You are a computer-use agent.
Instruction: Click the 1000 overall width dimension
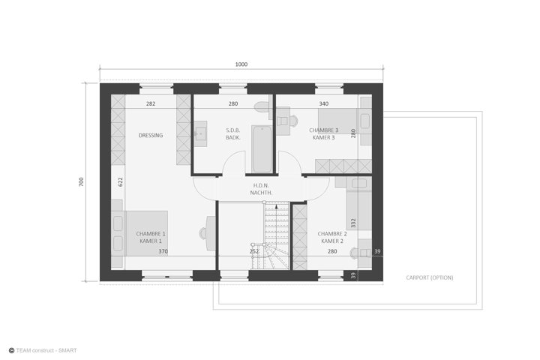[241, 64]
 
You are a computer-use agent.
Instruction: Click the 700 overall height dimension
[81, 181]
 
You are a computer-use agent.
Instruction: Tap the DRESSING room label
[151, 136]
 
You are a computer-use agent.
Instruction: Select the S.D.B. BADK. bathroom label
[232, 134]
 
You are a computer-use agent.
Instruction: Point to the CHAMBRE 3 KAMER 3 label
[324, 134]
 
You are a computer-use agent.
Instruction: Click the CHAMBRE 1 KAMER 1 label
[151, 237]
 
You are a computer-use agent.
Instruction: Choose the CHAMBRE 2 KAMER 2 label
[332, 237]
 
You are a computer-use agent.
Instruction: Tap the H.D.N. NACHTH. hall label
[261, 189]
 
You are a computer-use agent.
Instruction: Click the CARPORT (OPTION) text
[430, 277]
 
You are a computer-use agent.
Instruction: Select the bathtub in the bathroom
[262, 148]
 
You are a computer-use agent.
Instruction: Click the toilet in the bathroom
[263, 106]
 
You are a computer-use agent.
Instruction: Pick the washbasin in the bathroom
[200, 133]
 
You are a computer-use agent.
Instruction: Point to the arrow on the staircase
[276, 224]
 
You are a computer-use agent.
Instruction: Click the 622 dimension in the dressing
[121, 182]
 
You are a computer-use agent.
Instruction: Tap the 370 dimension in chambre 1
[163, 251]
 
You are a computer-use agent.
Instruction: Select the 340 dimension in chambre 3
[324, 103]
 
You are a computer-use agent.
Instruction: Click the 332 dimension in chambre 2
[353, 223]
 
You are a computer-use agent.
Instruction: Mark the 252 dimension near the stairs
[254, 251]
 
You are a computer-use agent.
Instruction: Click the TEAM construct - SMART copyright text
[43, 350]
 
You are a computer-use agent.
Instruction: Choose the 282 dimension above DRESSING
[151, 103]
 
